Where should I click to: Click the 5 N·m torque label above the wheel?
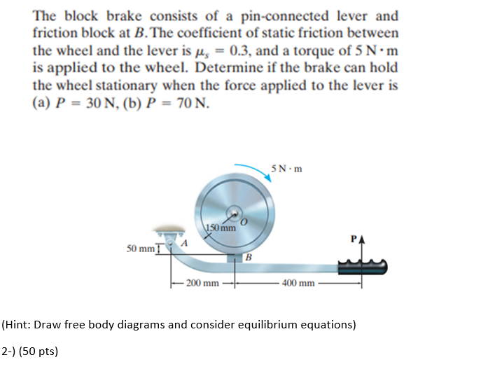[x=288, y=169]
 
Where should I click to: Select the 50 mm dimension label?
[x=140, y=249]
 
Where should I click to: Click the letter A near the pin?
[x=185, y=242]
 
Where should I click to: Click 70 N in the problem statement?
[x=190, y=104]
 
